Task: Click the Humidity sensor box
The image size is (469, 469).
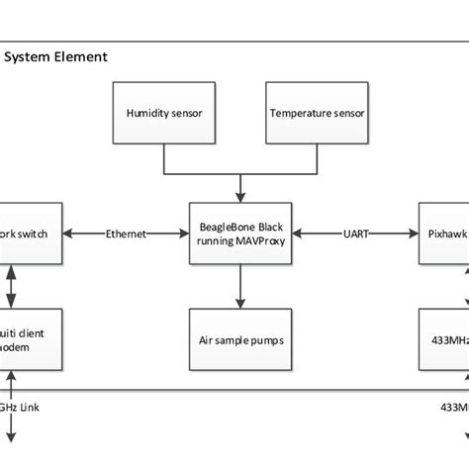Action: (164, 113)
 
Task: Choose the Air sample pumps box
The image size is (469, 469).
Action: (239, 338)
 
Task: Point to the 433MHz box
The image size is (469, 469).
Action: (443, 338)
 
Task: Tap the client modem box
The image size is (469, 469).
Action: (32, 338)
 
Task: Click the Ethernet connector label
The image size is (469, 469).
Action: (126, 234)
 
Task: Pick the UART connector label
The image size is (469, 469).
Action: (353, 234)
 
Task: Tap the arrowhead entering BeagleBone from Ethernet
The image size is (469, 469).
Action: (184, 234)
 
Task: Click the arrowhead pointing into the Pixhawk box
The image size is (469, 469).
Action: (414, 234)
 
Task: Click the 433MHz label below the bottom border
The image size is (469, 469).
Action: (453, 406)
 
